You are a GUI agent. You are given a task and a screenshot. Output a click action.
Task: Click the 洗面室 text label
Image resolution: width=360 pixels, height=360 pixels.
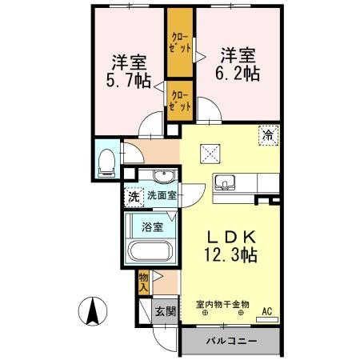161,194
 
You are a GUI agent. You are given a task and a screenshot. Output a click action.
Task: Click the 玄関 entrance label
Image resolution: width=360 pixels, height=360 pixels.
163,312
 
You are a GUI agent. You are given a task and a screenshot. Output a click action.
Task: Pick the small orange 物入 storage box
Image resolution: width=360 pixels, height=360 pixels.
144,282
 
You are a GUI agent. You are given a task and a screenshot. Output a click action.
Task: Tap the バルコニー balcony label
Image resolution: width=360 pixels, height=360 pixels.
230,342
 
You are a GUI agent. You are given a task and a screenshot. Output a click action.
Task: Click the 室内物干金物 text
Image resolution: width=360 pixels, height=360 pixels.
223,304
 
